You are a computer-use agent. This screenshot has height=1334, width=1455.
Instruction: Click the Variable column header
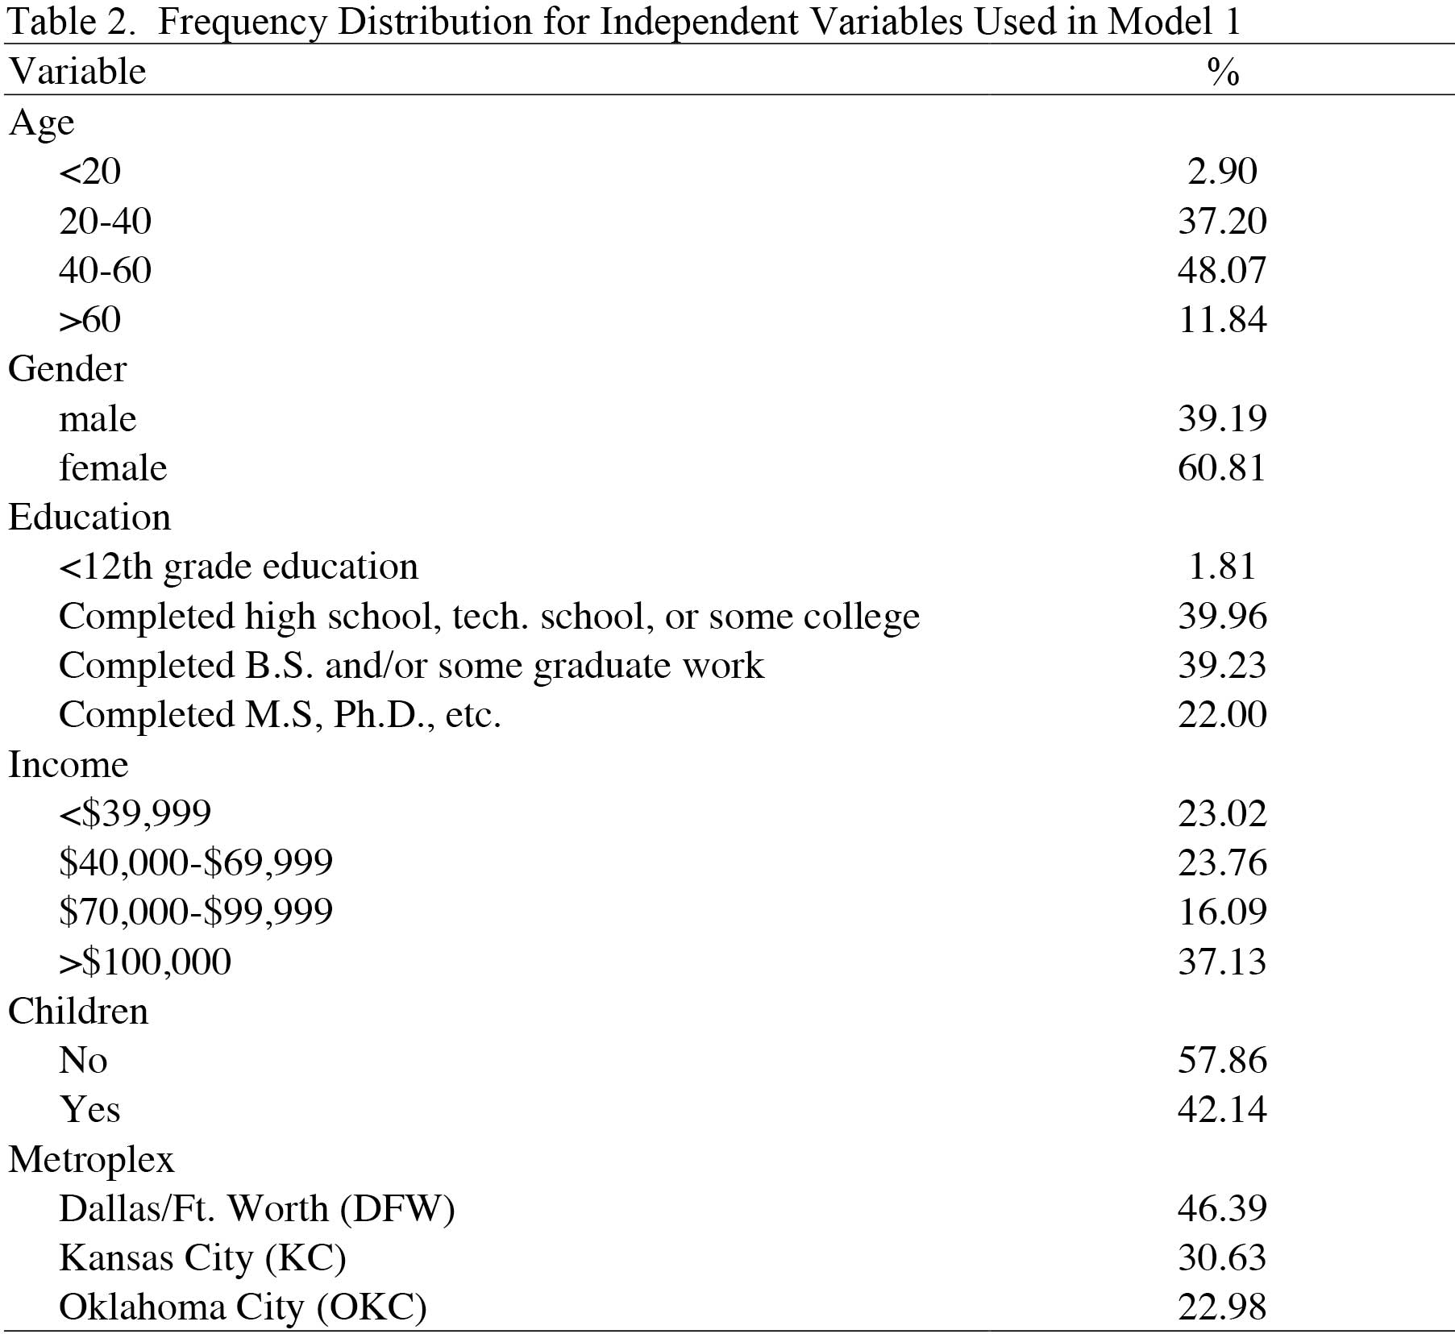coord(77,72)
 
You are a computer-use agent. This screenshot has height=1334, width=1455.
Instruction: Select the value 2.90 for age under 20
coord(1222,171)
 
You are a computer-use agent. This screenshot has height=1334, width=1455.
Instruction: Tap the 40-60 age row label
coord(105,270)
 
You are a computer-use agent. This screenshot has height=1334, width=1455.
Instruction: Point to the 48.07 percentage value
coord(1222,270)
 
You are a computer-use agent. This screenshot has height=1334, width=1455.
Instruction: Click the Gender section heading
coord(68,369)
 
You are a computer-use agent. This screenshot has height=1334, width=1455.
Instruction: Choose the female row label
coord(113,468)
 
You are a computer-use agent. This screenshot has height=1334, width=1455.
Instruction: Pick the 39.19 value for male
coord(1222,418)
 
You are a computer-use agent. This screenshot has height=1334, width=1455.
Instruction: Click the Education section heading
coord(89,517)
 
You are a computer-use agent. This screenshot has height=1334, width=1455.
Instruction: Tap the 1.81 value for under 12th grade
coord(1222,567)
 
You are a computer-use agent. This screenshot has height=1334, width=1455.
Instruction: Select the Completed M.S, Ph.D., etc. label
coord(280,715)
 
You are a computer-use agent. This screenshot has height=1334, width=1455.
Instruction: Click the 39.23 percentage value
coord(1222,666)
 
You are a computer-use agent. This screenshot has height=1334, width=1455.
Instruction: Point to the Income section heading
coord(69,764)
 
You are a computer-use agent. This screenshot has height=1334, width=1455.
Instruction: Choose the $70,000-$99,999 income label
coord(196,912)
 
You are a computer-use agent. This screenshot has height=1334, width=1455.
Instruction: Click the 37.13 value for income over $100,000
coord(1222,962)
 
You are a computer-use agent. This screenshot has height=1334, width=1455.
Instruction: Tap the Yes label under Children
coord(89,1110)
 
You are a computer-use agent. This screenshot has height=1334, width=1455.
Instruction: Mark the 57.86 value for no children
coord(1222,1060)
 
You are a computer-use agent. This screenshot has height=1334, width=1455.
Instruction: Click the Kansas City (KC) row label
coord(202,1258)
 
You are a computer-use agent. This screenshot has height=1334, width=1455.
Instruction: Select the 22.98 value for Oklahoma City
coord(1222,1307)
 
